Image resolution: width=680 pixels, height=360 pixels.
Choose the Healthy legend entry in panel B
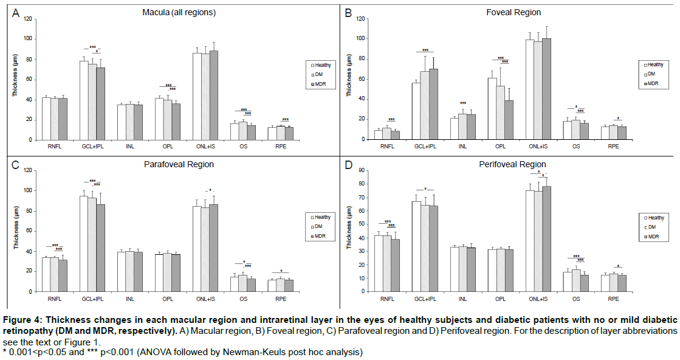655,64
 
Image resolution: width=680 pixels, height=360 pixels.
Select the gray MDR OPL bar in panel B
509,120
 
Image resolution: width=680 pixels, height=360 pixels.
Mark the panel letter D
348,164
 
